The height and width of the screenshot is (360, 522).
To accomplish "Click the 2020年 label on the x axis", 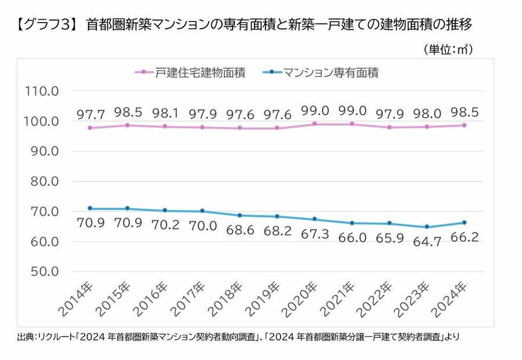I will [303, 299].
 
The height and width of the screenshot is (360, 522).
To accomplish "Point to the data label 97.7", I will [90, 115].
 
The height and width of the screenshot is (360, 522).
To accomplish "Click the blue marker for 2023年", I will [426, 227].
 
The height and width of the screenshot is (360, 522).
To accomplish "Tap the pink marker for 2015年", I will [127, 125].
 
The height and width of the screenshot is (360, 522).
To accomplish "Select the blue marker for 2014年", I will [90, 208].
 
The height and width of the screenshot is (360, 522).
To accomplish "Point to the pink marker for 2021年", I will [351, 123].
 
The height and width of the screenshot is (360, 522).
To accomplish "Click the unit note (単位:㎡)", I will [448, 50].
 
